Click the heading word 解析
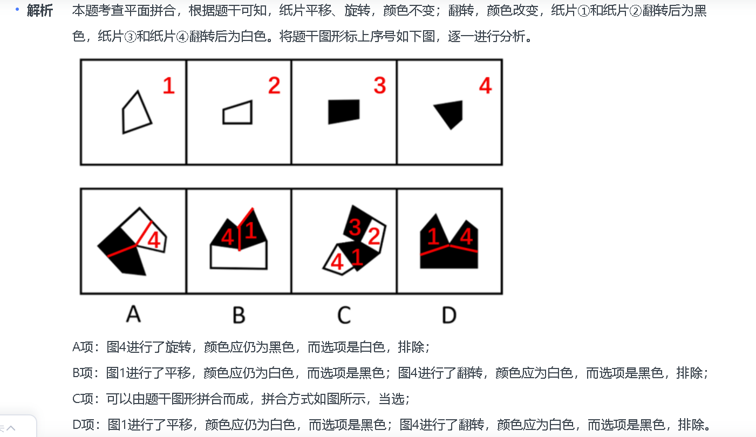pyautogui.click(x=40, y=11)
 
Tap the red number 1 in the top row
pyautogui.click(x=169, y=86)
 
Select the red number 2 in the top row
pyautogui.click(x=274, y=86)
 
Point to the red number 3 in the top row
pyautogui.click(x=380, y=86)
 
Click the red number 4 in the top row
pyautogui.click(x=486, y=86)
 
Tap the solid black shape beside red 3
pyautogui.click(x=344, y=111)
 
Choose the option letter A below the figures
pyautogui.click(x=133, y=313)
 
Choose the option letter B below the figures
pyautogui.click(x=239, y=314)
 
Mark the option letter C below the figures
pyautogui.click(x=344, y=314)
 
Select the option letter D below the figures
pyautogui.click(x=449, y=314)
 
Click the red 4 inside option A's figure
pyautogui.click(x=154, y=240)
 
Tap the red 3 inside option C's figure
pyautogui.click(x=355, y=227)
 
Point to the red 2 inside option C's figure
pyautogui.click(x=374, y=235)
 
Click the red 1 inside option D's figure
pyautogui.click(x=433, y=236)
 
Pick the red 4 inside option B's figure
pyautogui.click(x=227, y=237)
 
